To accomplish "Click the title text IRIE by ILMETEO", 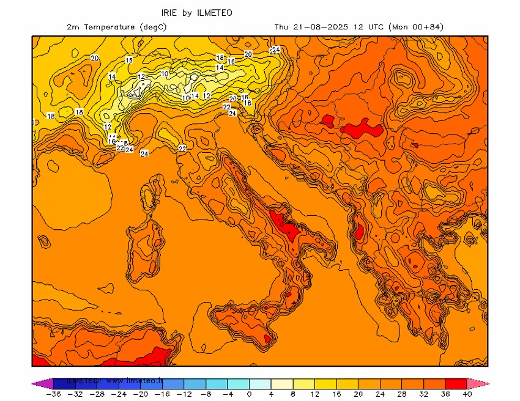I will pyautogui.click(x=196, y=12).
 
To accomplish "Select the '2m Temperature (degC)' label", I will pyautogui.click(x=116, y=27).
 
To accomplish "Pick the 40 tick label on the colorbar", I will pyautogui.click(x=469, y=394).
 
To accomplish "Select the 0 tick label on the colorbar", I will pyautogui.click(x=249, y=394).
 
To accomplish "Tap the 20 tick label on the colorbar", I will pyautogui.click(x=359, y=394).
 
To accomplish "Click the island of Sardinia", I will pyautogui.click(x=145, y=251).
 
